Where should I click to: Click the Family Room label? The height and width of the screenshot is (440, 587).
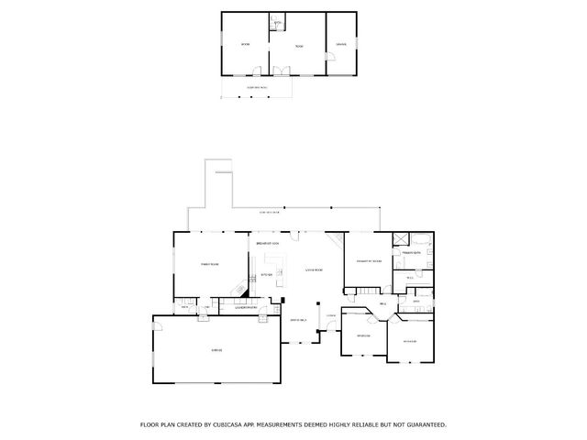click(x=209, y=264)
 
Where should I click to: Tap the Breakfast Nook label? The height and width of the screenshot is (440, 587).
click(x=268, y=244)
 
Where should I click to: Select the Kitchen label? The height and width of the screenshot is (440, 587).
click(x=267, y=274)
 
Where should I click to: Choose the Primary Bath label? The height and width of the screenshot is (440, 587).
click(x=410, y=251)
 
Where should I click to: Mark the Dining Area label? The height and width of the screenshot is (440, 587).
click(x=298, y=319)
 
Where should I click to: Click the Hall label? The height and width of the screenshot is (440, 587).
click(x=382, y=302)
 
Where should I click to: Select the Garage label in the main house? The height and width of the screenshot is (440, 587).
click(x=216, y=350)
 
